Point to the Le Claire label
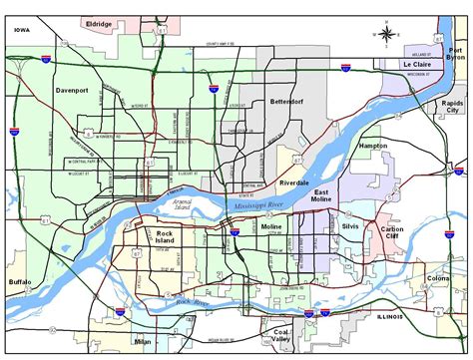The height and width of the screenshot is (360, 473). [420, 65]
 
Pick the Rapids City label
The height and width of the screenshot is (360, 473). [453, 108]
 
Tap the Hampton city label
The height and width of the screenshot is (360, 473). [372, 146]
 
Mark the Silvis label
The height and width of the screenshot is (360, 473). [349, 226]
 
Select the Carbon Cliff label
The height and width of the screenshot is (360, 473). [392, 232]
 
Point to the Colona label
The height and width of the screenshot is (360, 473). [439, 278]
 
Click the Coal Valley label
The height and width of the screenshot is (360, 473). [273, 336]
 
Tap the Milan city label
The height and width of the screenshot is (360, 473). [142, 341]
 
